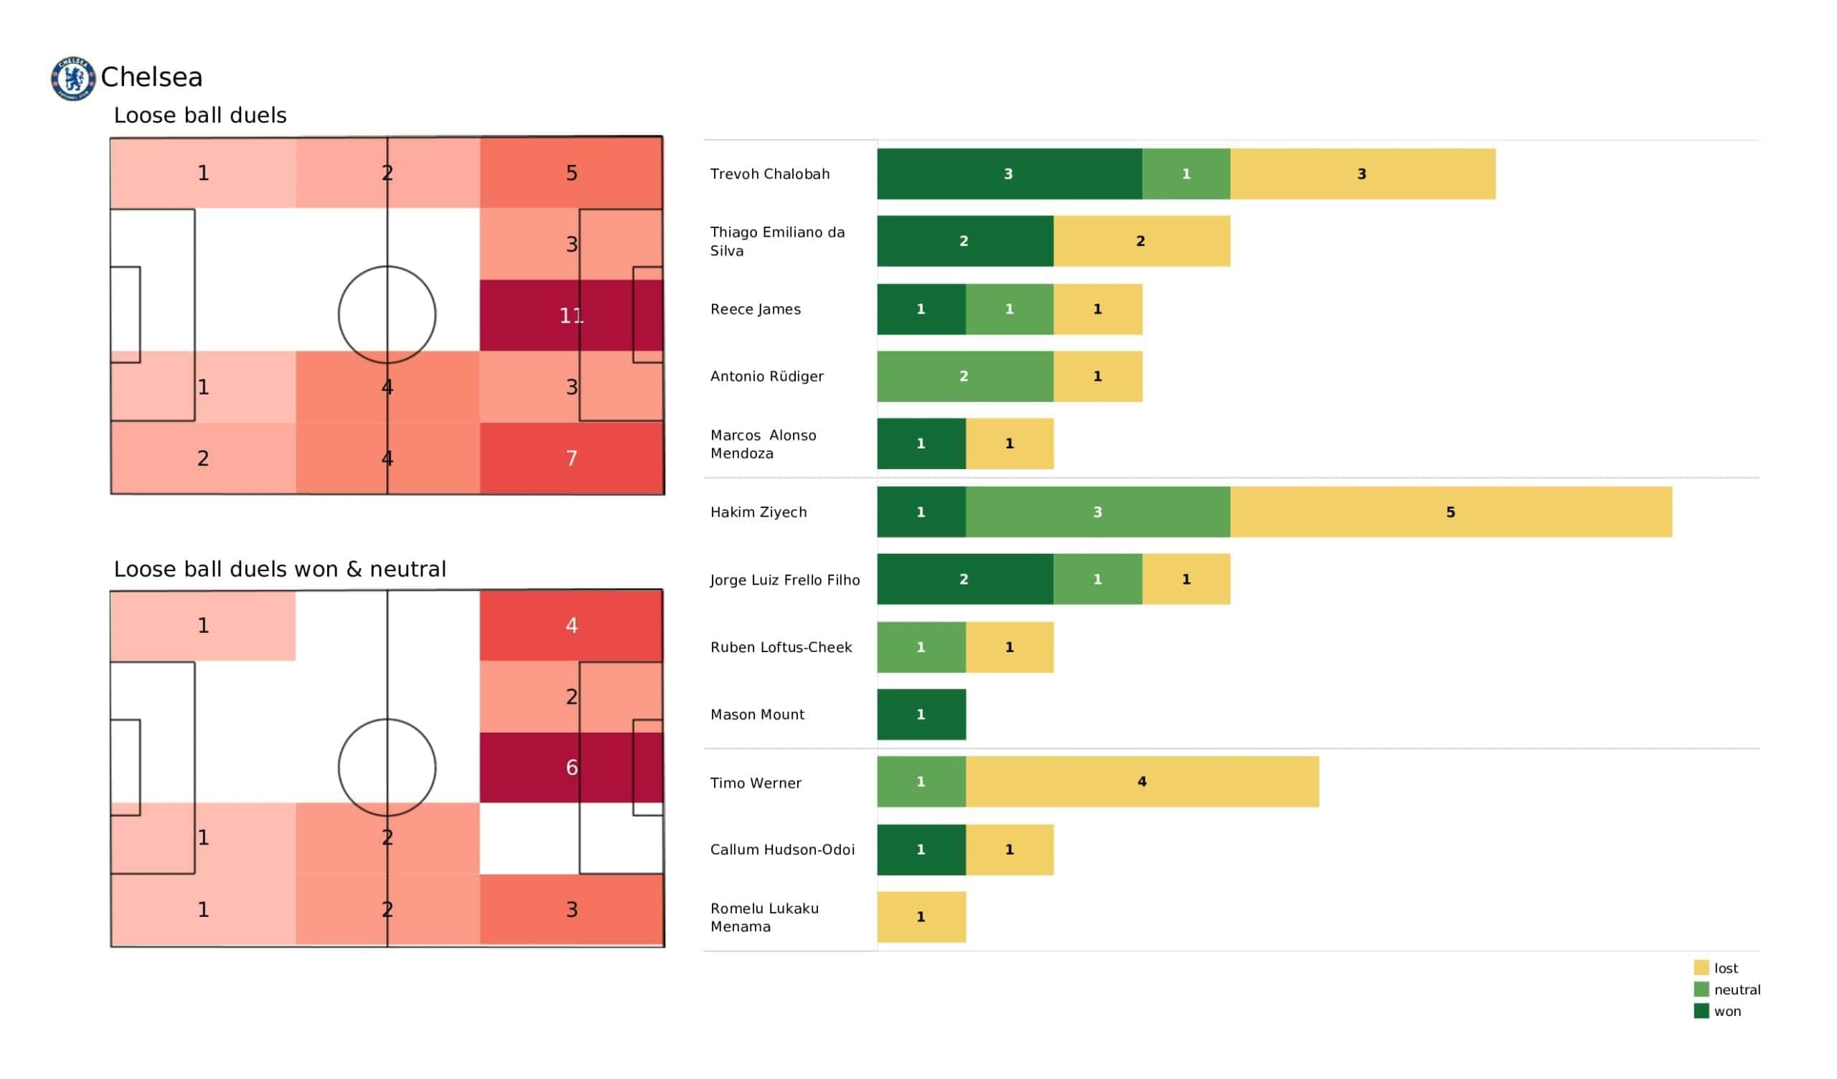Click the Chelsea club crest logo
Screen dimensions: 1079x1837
point(73,78)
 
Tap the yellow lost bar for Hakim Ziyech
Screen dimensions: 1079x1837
point(1450,512)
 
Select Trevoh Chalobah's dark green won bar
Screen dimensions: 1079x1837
point(1009,174)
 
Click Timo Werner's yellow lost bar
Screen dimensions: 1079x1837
point(1142,781)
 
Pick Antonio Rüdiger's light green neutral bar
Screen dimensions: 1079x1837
point(964,376)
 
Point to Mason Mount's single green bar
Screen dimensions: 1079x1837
point(921,715)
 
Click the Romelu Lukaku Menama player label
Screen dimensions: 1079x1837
point(764,917)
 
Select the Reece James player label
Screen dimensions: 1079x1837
point(755,309)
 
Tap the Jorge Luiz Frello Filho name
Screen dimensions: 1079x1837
point(784,580)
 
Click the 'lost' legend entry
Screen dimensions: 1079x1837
point(1725,969)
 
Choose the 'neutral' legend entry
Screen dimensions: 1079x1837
point(1736,989)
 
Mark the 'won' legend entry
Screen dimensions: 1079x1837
point(1726,1011)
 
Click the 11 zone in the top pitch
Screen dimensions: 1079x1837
point(570,316)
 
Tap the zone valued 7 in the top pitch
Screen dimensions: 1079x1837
point(570,458)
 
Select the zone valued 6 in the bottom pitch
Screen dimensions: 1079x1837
point(570,767)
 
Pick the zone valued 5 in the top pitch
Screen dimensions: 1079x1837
point(570,173)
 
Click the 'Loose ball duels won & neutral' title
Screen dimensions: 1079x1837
point(279,569)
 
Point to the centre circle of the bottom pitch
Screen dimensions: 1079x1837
point(387,767)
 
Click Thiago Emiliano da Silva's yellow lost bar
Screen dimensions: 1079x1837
point(1141,241)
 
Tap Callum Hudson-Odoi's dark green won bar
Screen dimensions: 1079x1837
point(921,849)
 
